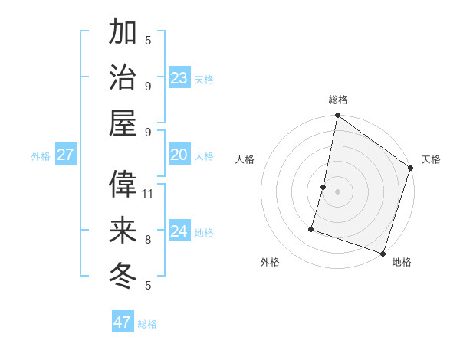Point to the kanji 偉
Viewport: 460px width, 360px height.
click(x=123, y=183)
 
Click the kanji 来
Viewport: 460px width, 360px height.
click(x=123, y=229)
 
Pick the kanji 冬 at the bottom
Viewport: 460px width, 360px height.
click(x=123, y=274)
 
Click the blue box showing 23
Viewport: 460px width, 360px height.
click(x=179, y=77)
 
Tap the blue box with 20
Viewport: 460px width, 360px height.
click(x=179, y=155)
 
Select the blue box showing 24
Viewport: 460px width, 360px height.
click(x=179, y=231)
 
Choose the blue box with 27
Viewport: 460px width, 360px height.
click(x=66, y=155)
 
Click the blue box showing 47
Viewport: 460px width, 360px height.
click(x=123, y=322)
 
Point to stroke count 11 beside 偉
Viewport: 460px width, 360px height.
click(x=149, y=193)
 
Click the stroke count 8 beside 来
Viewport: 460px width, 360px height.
click(x=148, y=239)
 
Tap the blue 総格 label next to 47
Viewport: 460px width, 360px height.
click(x=147, y=324)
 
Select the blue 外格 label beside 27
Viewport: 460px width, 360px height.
click(x=41, y=156)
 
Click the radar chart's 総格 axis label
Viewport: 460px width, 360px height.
click(x=337, y=100)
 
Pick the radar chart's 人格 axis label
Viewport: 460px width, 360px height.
click(x=245, y=159)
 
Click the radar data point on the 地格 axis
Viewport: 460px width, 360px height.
click(x=383, y=253)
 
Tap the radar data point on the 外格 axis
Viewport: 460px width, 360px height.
click(x=312, y=228)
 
